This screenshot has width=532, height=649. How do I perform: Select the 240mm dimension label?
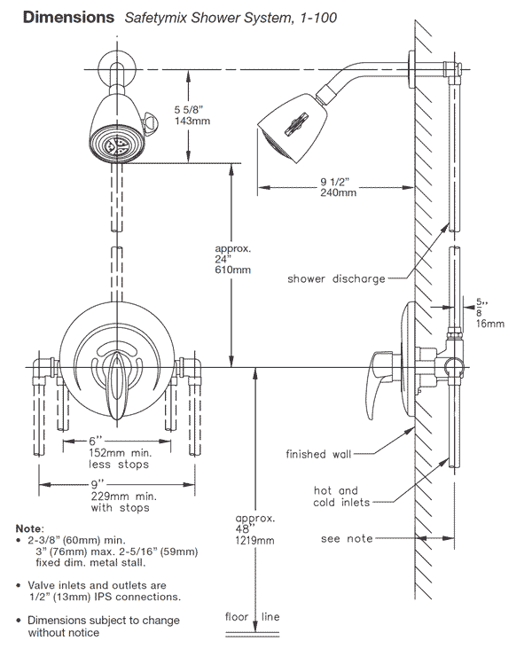tap(340, 192)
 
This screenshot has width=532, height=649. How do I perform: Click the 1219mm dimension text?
tap(254, 540)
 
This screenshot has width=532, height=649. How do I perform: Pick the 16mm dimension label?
tap(489, 324)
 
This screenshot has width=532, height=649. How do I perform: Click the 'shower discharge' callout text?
tap(336, 278)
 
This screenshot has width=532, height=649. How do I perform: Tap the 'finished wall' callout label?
tap(318, 454)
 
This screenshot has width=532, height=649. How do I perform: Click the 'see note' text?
tap(347, 539)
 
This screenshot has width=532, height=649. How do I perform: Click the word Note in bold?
tap(32, 528)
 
